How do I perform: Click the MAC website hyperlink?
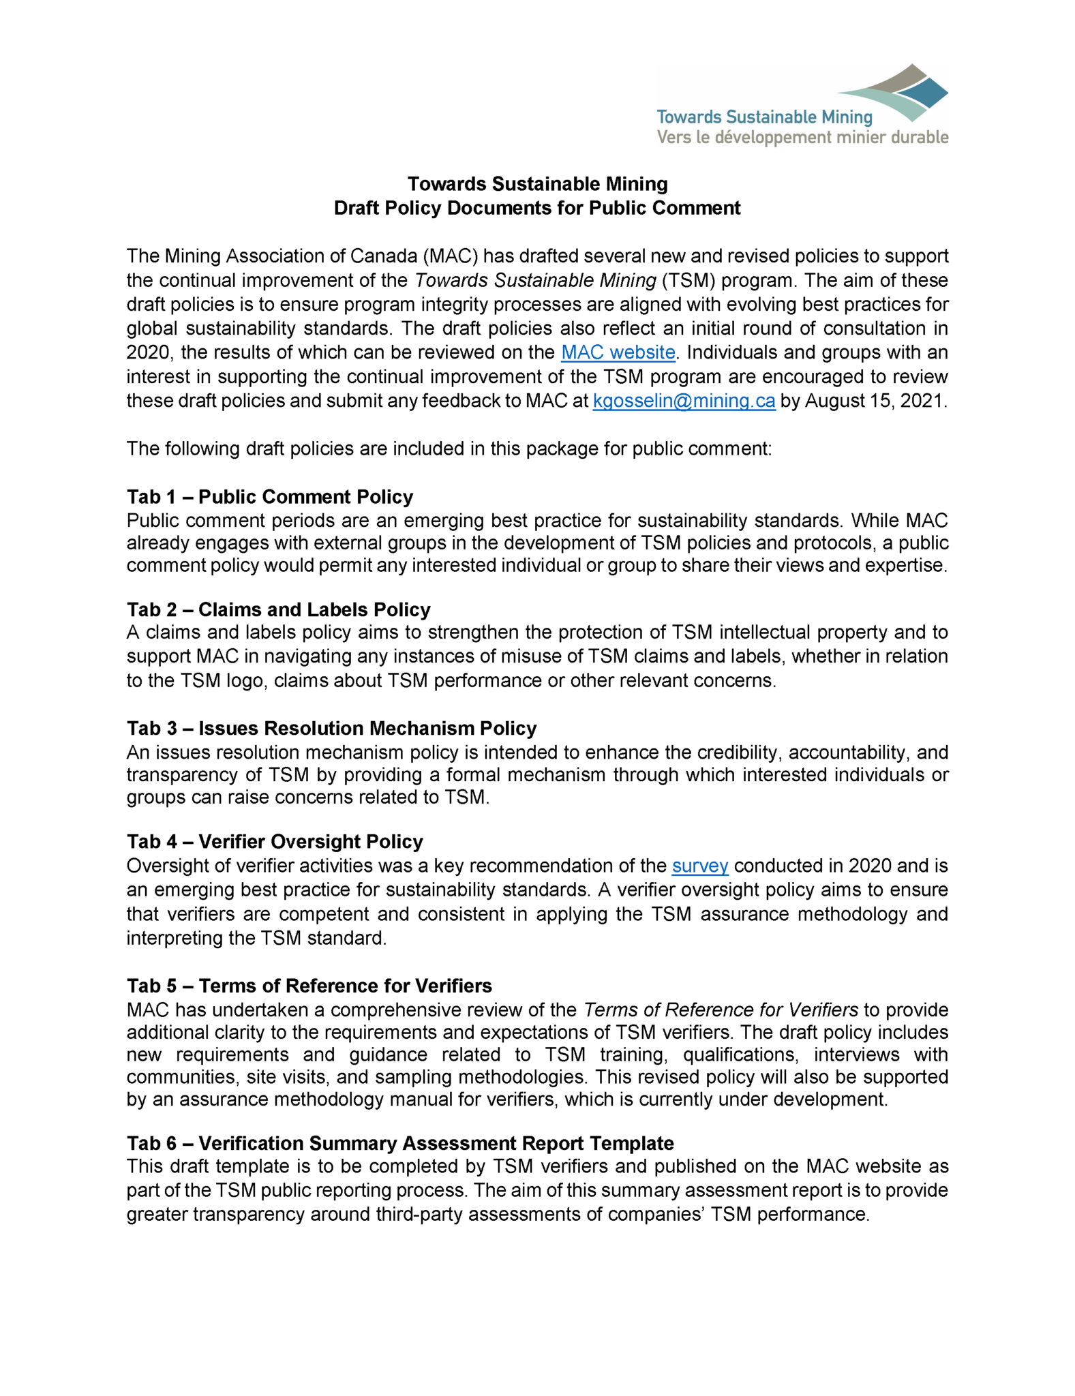[x=618, y=352]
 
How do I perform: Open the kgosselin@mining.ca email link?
[x=684, y=401]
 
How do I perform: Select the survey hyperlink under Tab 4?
[x=700, y=866]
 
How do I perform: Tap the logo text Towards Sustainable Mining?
[x=764, y=117]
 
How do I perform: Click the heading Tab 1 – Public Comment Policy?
[x=270, y=496]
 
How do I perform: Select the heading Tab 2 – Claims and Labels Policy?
[x=278, y=609]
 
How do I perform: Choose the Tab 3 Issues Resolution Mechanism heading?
[x=331, y=728]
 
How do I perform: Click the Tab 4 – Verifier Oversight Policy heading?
[x=275, y=841]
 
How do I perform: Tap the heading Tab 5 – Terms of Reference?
[x=309, y=986]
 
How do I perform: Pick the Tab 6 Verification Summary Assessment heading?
[x=400, y=1143]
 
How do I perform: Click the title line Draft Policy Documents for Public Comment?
[x=536, y=208]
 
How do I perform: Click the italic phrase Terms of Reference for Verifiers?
[x=721, y=1010]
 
